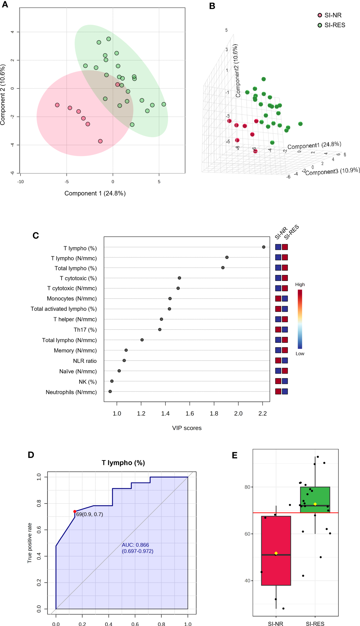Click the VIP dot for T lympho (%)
pyautogui.click(x=264, y=247)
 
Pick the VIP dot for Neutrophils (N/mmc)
pyautogui.click(x=110, y=391)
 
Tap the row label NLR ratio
pyautogui.click(x=85, y=361)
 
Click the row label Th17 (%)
pyautogui.click(x=85, y=330)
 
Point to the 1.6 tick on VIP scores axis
pyautogui.click(x=190, y=413)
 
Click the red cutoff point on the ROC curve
pyautogui.click(x=75, y=511)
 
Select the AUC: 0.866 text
pyautogui.click(x=135, y=545)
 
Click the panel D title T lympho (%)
pyautogui.click(x=123, y=463)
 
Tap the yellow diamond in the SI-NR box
pyautogui.click(x=276, y=553)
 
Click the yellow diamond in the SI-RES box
pyautogui.click(x=315, y=504)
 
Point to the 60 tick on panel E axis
pyautogui.click(x=247, y=534)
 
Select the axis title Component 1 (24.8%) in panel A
pyautogui.click(x=95, y=193)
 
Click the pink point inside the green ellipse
pyautogui.click(x=117, y=84)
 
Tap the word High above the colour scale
pyautogui.click(x=300, y=284)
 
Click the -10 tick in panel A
pyautogui.click(x=20, y=181)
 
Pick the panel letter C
pyautogui.click(x=36, y=235)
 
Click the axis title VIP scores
pyautogui.click(x=187, y=428)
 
